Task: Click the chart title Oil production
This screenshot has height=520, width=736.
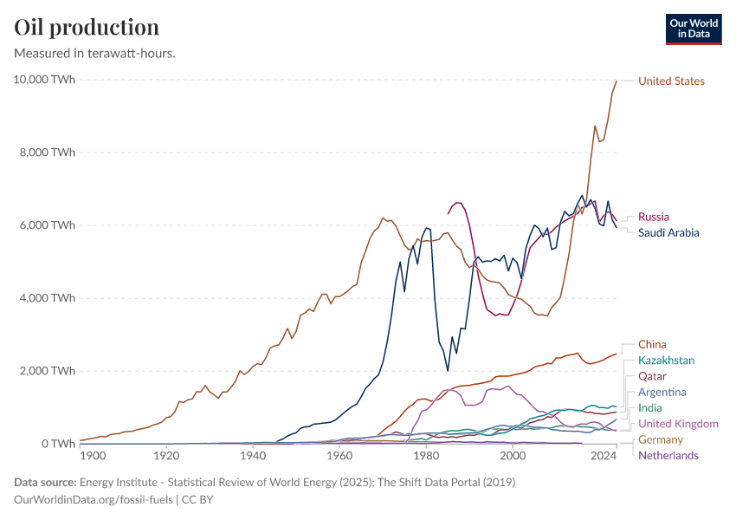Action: click(87, 27)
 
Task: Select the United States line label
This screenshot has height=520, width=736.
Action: click(671, 81)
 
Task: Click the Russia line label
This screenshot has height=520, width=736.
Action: click(653, 217)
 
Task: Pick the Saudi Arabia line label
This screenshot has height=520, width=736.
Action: click(668, 232)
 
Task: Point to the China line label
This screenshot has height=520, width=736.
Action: click(652, 344)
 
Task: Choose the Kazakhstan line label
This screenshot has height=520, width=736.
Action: click(666, 360)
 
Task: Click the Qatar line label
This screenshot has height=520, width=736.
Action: click(652, 376)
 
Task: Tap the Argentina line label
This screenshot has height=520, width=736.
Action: click(662, 392)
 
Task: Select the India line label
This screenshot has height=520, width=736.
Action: click(650, 407)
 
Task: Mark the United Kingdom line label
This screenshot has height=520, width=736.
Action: click(678, 424)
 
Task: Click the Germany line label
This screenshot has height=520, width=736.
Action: click(660, 439)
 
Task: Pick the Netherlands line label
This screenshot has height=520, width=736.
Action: click(668, 455)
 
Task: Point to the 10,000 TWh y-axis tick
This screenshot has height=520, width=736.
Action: click(44, 80)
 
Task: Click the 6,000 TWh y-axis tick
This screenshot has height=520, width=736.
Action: click(47, 225)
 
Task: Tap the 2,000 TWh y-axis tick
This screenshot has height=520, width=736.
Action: click(47, 371)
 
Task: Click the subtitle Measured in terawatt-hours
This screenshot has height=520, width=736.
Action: click(95, 54)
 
